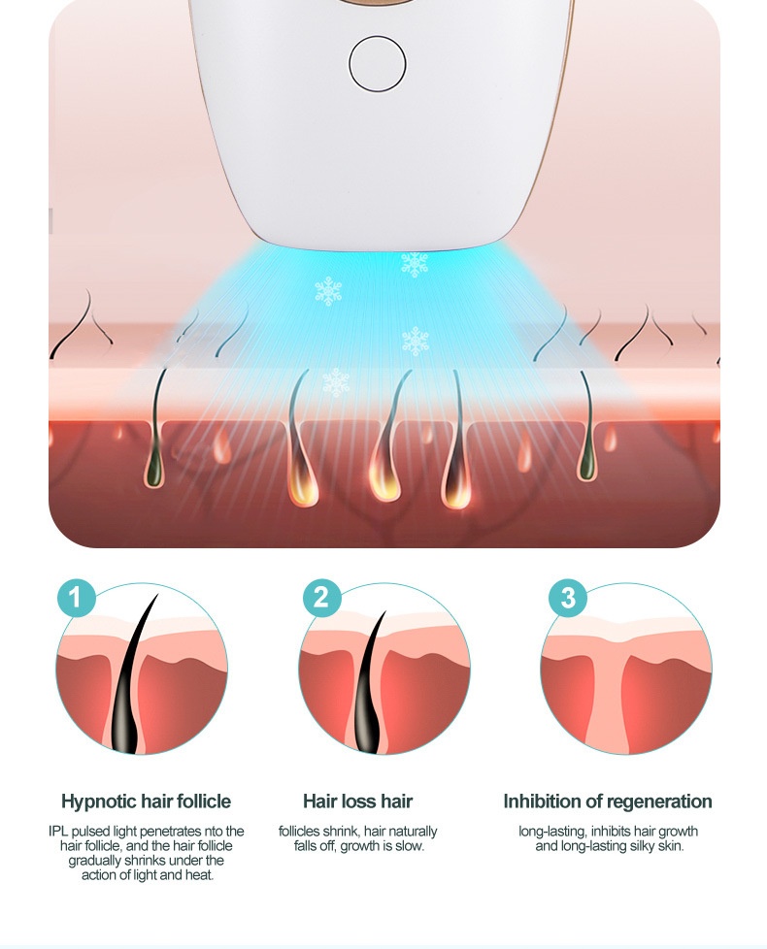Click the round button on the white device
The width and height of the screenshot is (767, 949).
(377, 63)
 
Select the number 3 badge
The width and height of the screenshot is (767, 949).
(568, 598)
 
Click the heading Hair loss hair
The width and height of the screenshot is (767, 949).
(358, 802)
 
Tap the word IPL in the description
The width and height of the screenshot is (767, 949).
(58, 831)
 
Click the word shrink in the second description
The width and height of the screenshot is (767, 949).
(340, 831)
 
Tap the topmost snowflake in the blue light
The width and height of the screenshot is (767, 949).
(415, 263)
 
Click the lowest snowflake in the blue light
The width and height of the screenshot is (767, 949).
(336, 382)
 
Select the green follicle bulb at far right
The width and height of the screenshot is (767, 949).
(587, 463)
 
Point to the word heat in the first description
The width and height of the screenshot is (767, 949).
(202, 874)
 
